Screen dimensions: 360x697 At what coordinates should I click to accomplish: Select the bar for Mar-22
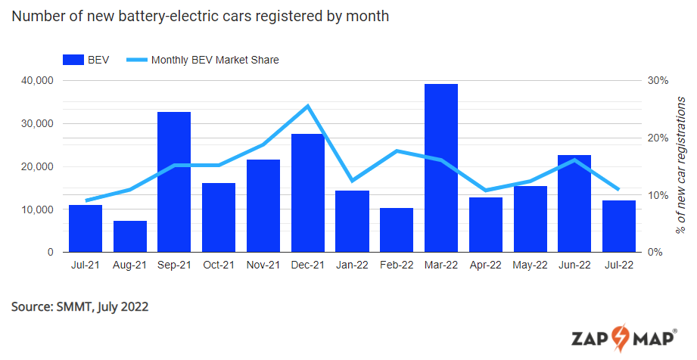440,168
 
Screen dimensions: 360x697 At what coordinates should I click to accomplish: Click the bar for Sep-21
174,182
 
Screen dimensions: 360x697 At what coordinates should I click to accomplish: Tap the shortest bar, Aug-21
129,237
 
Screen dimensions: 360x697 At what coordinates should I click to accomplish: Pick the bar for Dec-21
307,193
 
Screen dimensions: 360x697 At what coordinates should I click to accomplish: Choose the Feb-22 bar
397,230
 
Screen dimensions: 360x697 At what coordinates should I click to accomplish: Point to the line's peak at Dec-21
307,106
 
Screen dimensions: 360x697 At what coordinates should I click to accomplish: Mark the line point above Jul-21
86,200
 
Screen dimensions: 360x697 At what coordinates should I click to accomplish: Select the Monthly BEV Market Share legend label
215,60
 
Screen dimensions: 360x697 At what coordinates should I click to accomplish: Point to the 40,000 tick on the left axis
36,81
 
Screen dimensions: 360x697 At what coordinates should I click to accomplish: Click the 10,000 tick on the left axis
36,209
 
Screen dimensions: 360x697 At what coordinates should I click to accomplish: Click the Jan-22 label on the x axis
352,265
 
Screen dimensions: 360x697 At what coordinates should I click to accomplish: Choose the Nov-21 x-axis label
263,265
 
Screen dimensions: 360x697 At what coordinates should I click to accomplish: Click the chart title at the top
200,16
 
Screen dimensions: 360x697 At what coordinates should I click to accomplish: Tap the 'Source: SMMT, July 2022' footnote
79,306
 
